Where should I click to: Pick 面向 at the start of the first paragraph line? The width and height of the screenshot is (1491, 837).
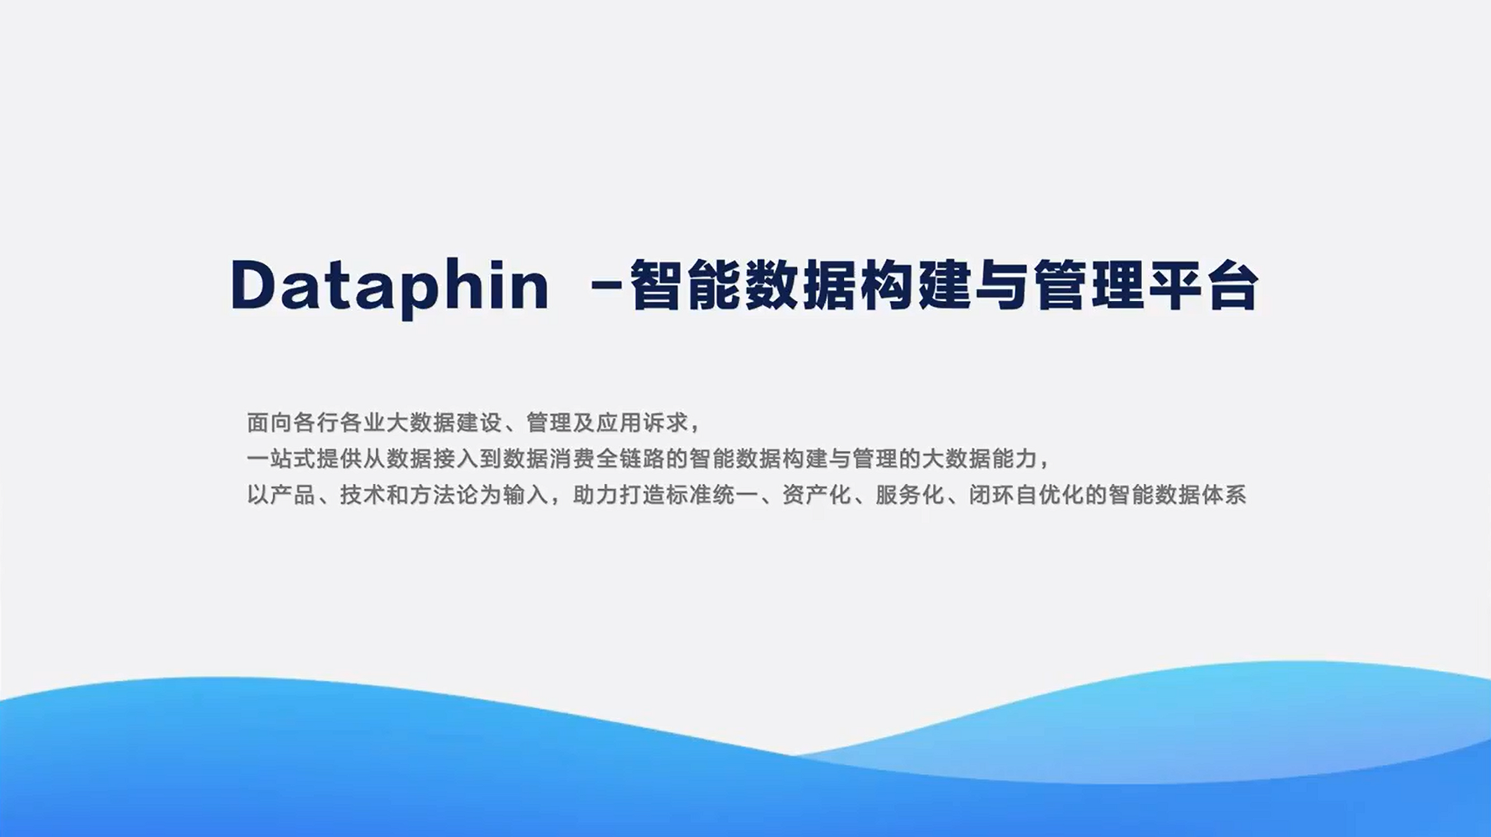269,422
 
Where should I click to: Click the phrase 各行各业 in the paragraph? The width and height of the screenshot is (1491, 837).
339,422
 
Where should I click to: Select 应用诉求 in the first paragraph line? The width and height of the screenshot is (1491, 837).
642,422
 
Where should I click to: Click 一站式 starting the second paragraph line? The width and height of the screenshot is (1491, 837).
281,459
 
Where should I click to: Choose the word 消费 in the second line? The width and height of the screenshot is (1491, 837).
572,459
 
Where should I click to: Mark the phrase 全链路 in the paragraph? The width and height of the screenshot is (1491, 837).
630,459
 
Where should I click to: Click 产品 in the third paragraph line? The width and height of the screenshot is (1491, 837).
293,495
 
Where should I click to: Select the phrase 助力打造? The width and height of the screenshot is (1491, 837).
619,495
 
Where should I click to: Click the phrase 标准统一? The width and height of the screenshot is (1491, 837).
712,495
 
